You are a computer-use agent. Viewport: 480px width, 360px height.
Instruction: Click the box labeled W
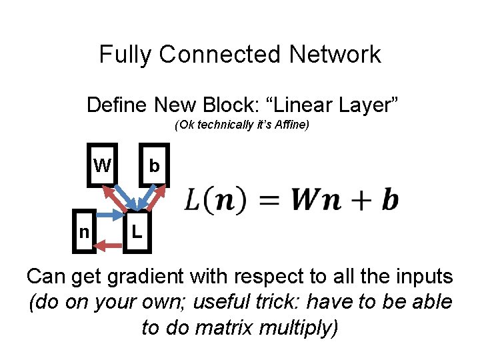[103, 165]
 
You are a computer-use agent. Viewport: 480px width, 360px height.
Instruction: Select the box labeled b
[154, 165]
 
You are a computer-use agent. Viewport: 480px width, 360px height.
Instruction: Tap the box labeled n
[84, 232]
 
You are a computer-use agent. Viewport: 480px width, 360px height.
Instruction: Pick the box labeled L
[137, 233]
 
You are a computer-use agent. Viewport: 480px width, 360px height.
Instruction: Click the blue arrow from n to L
[111, 215]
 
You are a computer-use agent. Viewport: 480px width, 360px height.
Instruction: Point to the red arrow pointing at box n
[111, 247]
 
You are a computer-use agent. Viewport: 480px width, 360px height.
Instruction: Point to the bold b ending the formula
[390, 199]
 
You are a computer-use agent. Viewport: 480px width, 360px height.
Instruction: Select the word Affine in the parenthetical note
[293, 125]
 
